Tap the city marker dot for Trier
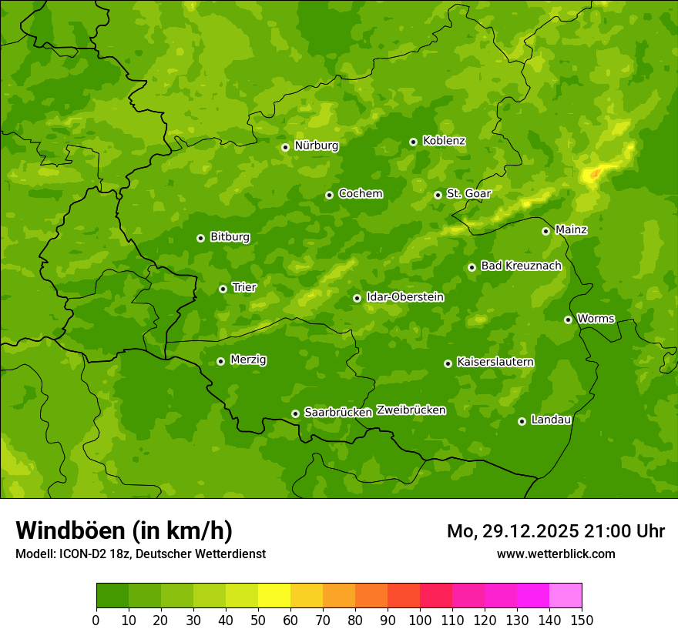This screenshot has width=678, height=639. pos(223,289)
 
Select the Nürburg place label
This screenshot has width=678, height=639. pos(316,146)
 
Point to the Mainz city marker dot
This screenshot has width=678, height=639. pos(545,231)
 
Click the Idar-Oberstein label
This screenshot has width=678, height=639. pos(405,297)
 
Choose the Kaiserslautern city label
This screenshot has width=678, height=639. pos(495,362)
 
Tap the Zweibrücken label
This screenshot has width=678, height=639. pos(411,410)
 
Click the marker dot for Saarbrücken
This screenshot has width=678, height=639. pos(295,413)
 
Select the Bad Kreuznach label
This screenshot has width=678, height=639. pos(521,266)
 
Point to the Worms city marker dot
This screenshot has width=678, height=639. pos(568,319)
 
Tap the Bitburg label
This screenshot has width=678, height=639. pos(230,237)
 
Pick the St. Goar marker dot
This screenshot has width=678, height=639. pos(438,195)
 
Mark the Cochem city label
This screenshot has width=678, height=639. pos(360,193)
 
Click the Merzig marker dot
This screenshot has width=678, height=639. pos(220,361)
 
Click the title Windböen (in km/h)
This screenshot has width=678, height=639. pos(123,530)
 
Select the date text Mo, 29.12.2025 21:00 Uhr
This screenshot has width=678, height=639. pos(555,531)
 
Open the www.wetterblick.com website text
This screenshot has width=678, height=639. pos(555,554)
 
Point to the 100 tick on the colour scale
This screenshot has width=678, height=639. pos(420,620)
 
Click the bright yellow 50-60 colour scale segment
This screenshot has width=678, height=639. pos(274,596)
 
